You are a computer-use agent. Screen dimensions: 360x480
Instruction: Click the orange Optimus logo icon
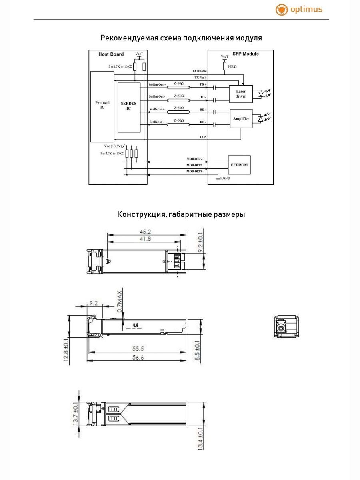[282, 10]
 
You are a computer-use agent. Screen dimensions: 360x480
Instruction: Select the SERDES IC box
[129, 107]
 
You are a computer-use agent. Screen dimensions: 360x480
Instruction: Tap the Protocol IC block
[102, 106]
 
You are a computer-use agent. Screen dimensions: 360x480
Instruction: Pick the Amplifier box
[241, 118]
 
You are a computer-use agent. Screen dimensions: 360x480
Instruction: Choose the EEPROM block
[239, 165]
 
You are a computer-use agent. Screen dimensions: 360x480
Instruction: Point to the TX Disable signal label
[199, 71]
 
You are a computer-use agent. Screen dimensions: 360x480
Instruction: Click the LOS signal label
[203, 137]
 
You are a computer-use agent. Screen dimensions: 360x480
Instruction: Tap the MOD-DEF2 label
[194, 159]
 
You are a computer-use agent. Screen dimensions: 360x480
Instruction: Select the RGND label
[224, 178]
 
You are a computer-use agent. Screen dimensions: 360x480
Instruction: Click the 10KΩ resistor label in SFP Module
[232, 66]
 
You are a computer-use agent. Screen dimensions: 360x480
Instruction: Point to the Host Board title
[111, 54]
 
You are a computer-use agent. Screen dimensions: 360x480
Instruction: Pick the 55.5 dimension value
[137, 349]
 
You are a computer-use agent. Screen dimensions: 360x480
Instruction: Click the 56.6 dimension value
[137, 358]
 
